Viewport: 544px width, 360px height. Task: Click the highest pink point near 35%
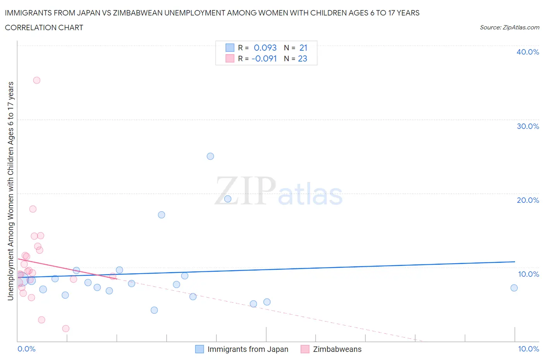click(x=37, y=81)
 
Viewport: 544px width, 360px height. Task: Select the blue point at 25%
click(x=210, y=156)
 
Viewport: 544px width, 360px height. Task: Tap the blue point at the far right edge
click(x=514, y=288)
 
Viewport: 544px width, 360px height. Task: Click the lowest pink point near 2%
click(x=66, y=329)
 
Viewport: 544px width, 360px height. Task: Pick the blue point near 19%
click(x=228, y=199)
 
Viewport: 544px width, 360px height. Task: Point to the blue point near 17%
click(x=162, y=215)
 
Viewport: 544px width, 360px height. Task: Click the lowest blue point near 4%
click(x=154, y=310)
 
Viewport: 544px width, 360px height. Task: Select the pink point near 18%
click(x=33, y=209)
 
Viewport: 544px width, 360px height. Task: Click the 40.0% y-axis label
click(x=528, y=52)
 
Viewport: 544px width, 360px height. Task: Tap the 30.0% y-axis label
click(x=528, y=126)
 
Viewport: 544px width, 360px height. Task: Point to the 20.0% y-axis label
click(x=528, y=200)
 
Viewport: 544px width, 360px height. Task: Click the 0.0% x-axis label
click(x=26, y=349)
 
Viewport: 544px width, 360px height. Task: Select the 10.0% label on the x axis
click(x=529, y=349)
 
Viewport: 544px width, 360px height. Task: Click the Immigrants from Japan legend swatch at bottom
click(x=200, y=349)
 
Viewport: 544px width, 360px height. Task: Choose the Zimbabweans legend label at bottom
click(x=337, y=349)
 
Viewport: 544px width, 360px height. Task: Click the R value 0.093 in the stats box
click(x=265, y=48)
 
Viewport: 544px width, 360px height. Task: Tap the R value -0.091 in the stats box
click(x=264, y=58)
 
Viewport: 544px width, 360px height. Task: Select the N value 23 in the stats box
click(x=303, y=58)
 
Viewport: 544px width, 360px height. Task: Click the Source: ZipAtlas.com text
click(x=509, y=27)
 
